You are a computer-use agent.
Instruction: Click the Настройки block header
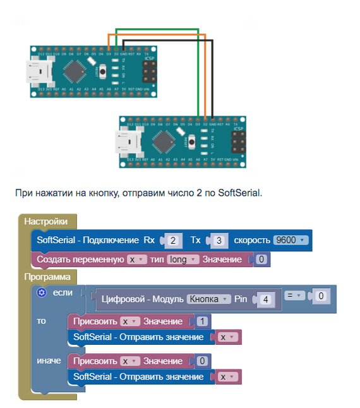click(45, 222)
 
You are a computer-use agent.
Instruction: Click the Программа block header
click(48, 277)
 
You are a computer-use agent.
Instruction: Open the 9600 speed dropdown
click(291, 241)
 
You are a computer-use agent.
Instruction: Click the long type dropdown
click(183, 260)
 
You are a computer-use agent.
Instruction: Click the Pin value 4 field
click(267, 299)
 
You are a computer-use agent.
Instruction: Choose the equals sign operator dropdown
click(295, 295)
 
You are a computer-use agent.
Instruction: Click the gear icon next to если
click(42, 292)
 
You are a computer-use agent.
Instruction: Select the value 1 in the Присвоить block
click(201, 321)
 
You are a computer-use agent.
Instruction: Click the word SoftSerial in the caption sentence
click(239, 192)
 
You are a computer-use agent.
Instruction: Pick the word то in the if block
click(42, 321)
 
